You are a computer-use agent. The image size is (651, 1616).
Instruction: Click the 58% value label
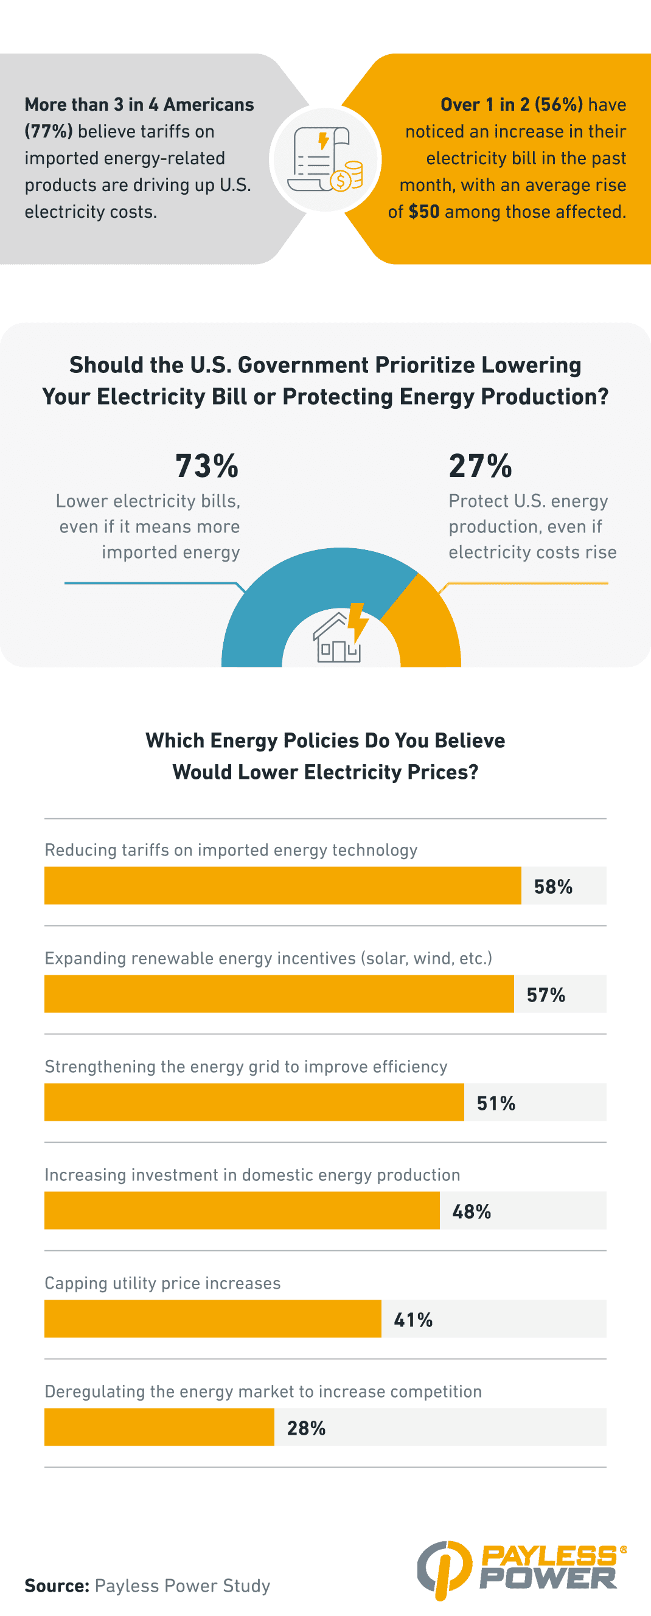(x=552, y=886)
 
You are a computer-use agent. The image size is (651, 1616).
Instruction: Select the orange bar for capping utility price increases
(x=212, y=1318)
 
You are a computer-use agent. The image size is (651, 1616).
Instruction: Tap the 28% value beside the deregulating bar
(x=306, y=1428)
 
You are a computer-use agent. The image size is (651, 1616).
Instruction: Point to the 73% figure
(x=207, y=466)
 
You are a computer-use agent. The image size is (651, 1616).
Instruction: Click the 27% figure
(x=481, y=466)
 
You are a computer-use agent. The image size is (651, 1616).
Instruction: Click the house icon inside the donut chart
(x=338, y=639)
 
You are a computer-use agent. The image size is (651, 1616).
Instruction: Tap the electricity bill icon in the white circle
(x=325, y=159)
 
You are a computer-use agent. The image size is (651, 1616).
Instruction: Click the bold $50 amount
(x=424, y=211)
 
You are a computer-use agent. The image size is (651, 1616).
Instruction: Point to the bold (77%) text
(x=49, y=131)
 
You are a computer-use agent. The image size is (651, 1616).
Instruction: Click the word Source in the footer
(x=57, y=1585)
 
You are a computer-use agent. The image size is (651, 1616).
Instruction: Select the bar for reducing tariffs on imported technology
(x=282, y=885)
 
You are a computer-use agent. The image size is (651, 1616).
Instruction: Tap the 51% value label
(x=496, y=1102)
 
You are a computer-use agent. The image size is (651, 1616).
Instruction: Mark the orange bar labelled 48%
(x=242, y=1210)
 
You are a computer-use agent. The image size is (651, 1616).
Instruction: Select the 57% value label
(x=546, y=994)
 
